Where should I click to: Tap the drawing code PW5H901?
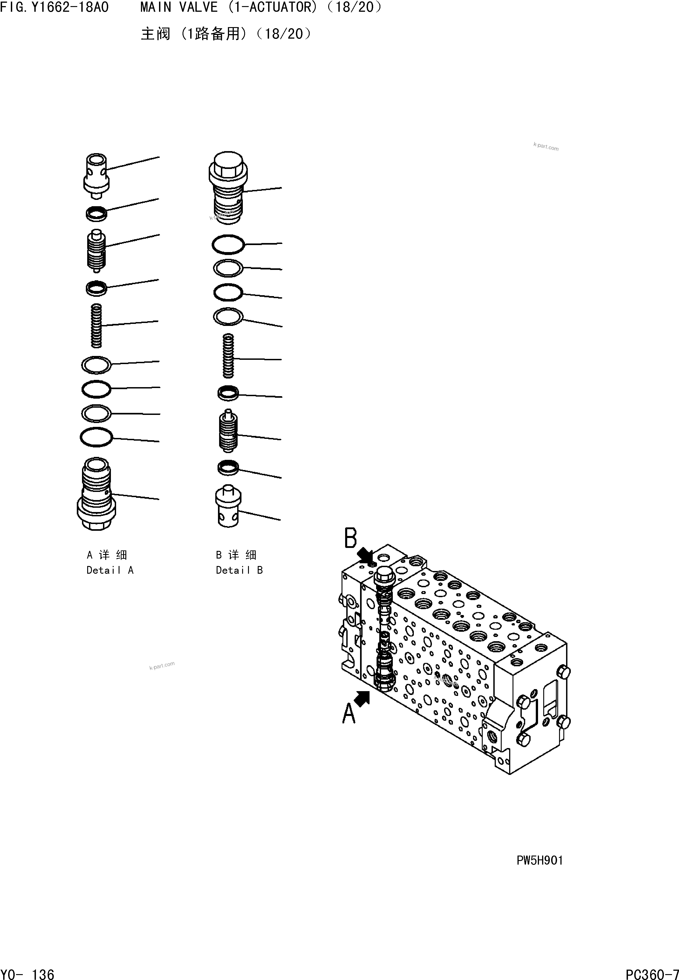click(x=539, y=861)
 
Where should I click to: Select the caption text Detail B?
click(x=239, y=570)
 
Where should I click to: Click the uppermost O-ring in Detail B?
click(x=228, y=245)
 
